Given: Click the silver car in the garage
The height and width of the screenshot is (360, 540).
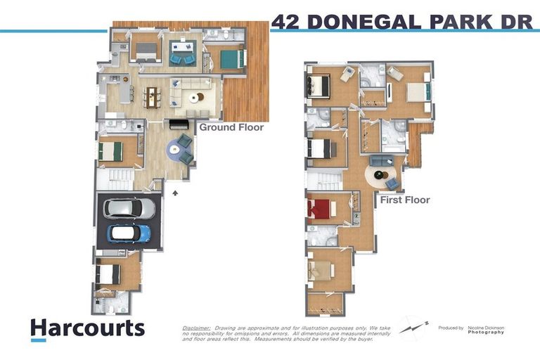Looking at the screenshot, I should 129,208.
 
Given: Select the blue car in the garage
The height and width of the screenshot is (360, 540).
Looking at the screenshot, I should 129,233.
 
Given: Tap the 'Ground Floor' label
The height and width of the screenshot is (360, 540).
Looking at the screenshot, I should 231,127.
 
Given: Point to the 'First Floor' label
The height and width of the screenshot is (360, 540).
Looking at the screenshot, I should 405,200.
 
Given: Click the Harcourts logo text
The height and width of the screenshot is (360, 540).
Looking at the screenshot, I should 87,328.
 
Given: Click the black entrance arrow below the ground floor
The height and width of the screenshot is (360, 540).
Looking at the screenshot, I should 175,190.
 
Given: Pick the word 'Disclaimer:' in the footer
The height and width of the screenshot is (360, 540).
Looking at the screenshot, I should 196,328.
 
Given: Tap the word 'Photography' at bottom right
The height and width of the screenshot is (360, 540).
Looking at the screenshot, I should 487,332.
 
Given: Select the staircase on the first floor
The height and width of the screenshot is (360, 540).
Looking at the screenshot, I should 325,180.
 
